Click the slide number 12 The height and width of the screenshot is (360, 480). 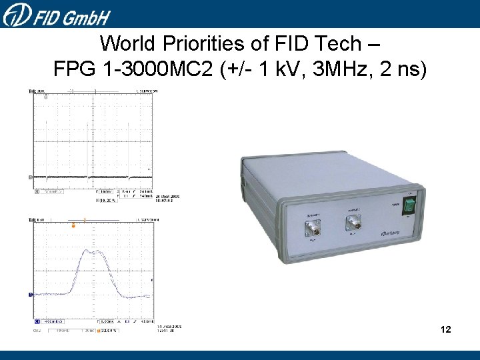coord(446,329)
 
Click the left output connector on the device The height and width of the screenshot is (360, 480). coord(312,229)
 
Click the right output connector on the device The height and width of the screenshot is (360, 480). coord(353,223)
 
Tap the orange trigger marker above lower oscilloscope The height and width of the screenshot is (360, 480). coord(73,227)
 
